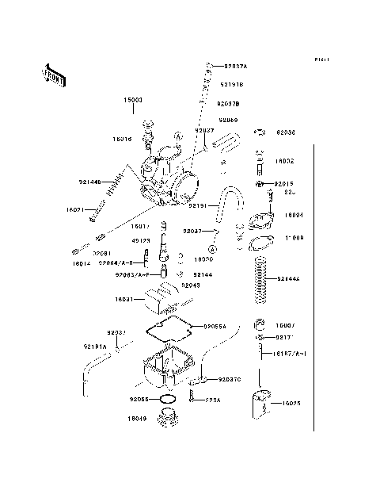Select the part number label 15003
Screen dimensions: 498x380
click(132, 102)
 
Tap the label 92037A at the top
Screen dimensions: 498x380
click(235, 67)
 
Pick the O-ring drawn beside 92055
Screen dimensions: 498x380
click(167, 399)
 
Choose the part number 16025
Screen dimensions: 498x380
click(291, 403)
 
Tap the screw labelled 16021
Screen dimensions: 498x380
click(100, 209)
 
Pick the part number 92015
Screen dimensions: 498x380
click(285, 183)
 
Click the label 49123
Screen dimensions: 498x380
click(140, 241)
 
